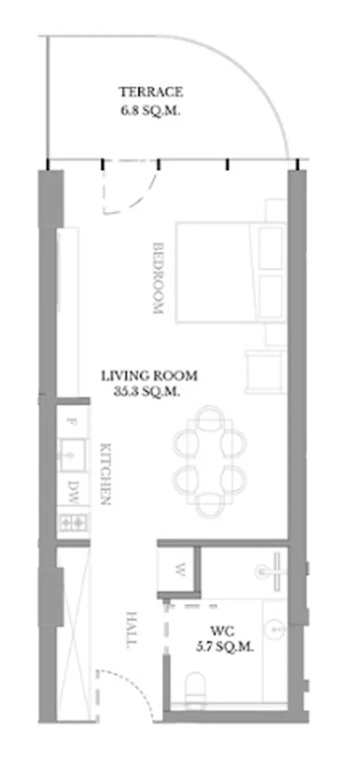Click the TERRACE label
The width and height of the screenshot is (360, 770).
150,92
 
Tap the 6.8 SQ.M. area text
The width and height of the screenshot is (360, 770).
150,111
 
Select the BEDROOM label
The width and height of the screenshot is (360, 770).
158,278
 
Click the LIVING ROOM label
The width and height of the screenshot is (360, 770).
149,376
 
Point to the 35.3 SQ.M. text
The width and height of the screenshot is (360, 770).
147,392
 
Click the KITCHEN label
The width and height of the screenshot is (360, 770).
105,474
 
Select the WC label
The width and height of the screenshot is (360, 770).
223,631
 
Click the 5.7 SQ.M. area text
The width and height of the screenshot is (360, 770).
225,647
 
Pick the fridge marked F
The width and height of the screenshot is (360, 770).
72,422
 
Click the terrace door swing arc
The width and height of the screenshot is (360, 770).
137,198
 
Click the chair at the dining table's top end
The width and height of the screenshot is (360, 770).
210,417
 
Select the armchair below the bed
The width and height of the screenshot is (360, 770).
265,371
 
